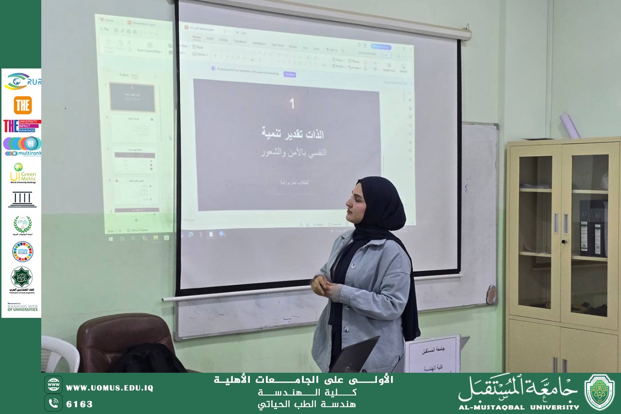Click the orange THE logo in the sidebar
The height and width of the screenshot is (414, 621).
[x=22, y=105]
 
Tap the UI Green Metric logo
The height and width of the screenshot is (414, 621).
[x=22, y=173]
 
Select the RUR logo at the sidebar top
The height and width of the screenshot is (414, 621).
[x=22, y=81]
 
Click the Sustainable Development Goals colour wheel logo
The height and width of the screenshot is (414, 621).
[x=22, y=251]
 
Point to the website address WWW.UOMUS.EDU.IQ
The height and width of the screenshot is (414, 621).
[x=109, y=388]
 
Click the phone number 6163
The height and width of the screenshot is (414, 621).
[x=80, y=404]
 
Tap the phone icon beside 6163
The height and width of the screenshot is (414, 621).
[x=53, y=403]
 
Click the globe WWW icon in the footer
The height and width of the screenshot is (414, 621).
[x=53, y=384]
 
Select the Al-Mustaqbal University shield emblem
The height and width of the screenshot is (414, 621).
[x=599, y=392]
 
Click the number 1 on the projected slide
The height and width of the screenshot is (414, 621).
[x=292, y=104]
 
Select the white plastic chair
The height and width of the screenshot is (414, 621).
[x=58, y=352]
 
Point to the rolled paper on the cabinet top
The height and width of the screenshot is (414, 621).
[x=570, y=126]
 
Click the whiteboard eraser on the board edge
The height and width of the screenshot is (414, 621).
[x=491, y=294]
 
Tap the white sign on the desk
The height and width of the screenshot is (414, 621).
[x=432, y=354]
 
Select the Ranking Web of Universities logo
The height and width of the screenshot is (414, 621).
[x=22, y=307]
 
